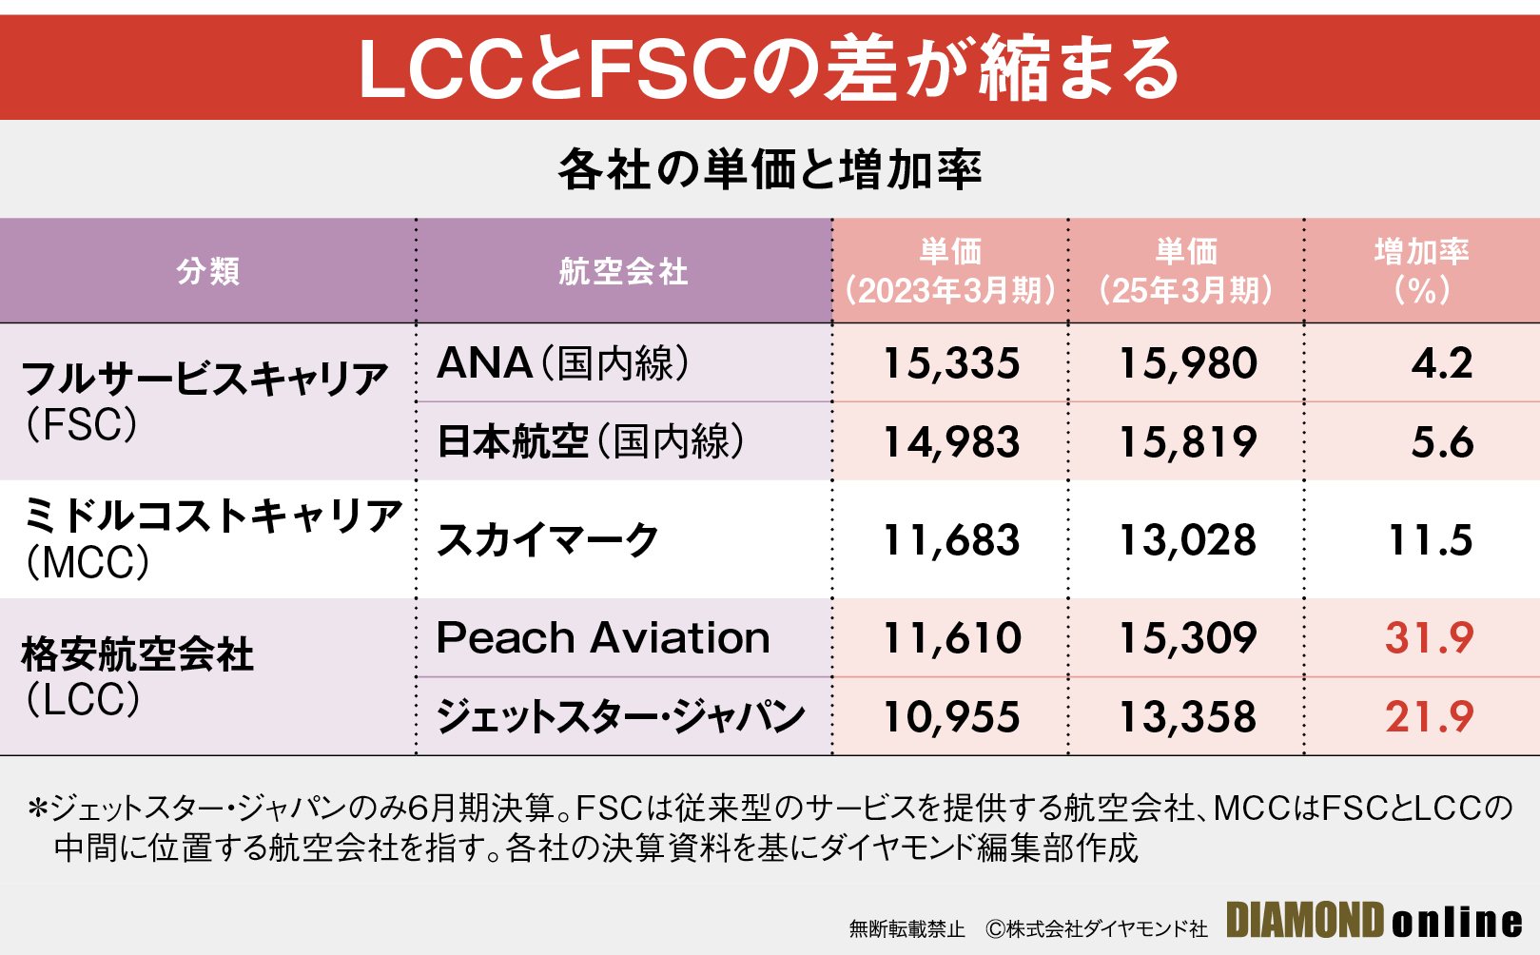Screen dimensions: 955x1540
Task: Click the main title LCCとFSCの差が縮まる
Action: click(x=769, y=68)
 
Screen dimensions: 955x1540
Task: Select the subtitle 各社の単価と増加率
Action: click(x=769, y=170)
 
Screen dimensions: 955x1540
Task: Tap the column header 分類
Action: click(x=207, y=271)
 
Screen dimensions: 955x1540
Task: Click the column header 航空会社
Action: click(x=623, y=271)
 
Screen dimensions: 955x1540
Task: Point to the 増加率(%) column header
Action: click(x=1421, y=271)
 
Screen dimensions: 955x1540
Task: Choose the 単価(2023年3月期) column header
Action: click(x=950, y=271)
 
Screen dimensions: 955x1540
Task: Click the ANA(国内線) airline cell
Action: click(x=563, y=363)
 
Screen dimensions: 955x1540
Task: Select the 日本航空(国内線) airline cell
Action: click(x=590, y=441)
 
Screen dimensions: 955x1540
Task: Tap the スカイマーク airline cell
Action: click(x=547, y=539)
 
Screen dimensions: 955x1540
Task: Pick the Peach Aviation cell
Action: click(x=603, y=637)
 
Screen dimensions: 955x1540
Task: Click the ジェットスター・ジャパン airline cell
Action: click(x=620, y=716)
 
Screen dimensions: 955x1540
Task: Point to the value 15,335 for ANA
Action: click(x=950, y=363)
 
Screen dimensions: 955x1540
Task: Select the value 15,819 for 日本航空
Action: click(x=1186, y=441)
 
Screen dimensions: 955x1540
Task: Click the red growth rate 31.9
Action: click(x=1429, y=637)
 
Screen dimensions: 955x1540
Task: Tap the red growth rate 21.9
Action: click(x=1429, y=716)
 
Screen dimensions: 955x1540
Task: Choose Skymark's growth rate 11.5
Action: click(x=1430, y=539)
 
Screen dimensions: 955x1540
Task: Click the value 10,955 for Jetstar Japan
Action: click(x=950, y=716)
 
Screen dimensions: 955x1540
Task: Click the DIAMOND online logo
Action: click(x=1374, y=921)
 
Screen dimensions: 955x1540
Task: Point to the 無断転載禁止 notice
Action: click(x=906, y=928)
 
